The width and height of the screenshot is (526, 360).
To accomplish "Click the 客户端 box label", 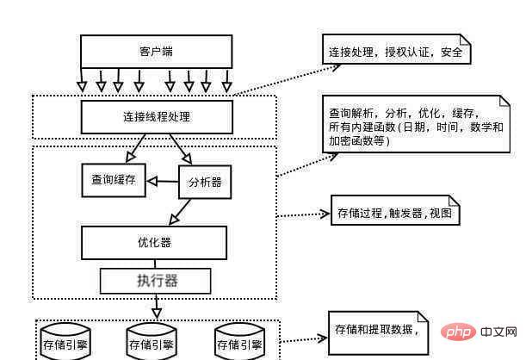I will [x=156, y=51].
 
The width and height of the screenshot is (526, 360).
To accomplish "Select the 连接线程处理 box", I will [x=156, y=115].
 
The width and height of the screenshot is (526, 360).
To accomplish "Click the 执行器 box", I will [x=156, y=280].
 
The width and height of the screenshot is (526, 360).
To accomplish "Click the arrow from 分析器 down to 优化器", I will [x=181, y=210].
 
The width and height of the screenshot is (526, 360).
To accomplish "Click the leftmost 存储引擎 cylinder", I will [x=65, y=341].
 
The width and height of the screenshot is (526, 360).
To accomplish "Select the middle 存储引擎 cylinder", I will [x=152, y=341].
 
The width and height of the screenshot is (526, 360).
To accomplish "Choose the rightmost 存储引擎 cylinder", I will [x=238, y=341].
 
